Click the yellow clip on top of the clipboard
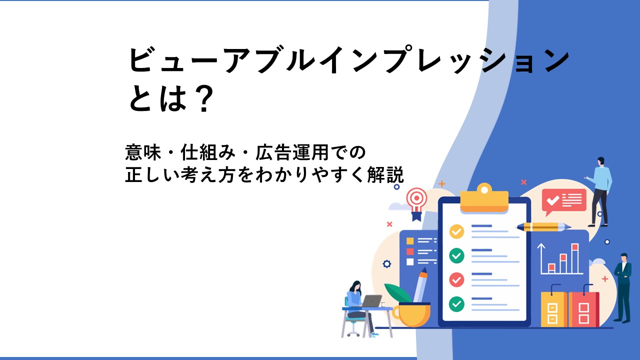coord(484,198)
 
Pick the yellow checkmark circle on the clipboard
coord(456,231)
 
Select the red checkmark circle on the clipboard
coord(456,279)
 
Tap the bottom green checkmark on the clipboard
coord(456,303)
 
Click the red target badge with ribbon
coord(416,203)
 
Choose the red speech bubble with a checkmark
coord(563,201)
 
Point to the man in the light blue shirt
coord(599,191)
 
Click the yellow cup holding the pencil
coord(411,314)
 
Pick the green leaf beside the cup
coord(397,293)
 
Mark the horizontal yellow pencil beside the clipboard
coord(543,227)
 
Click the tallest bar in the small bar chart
coord(575,258)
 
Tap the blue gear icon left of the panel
coord(387,263)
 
